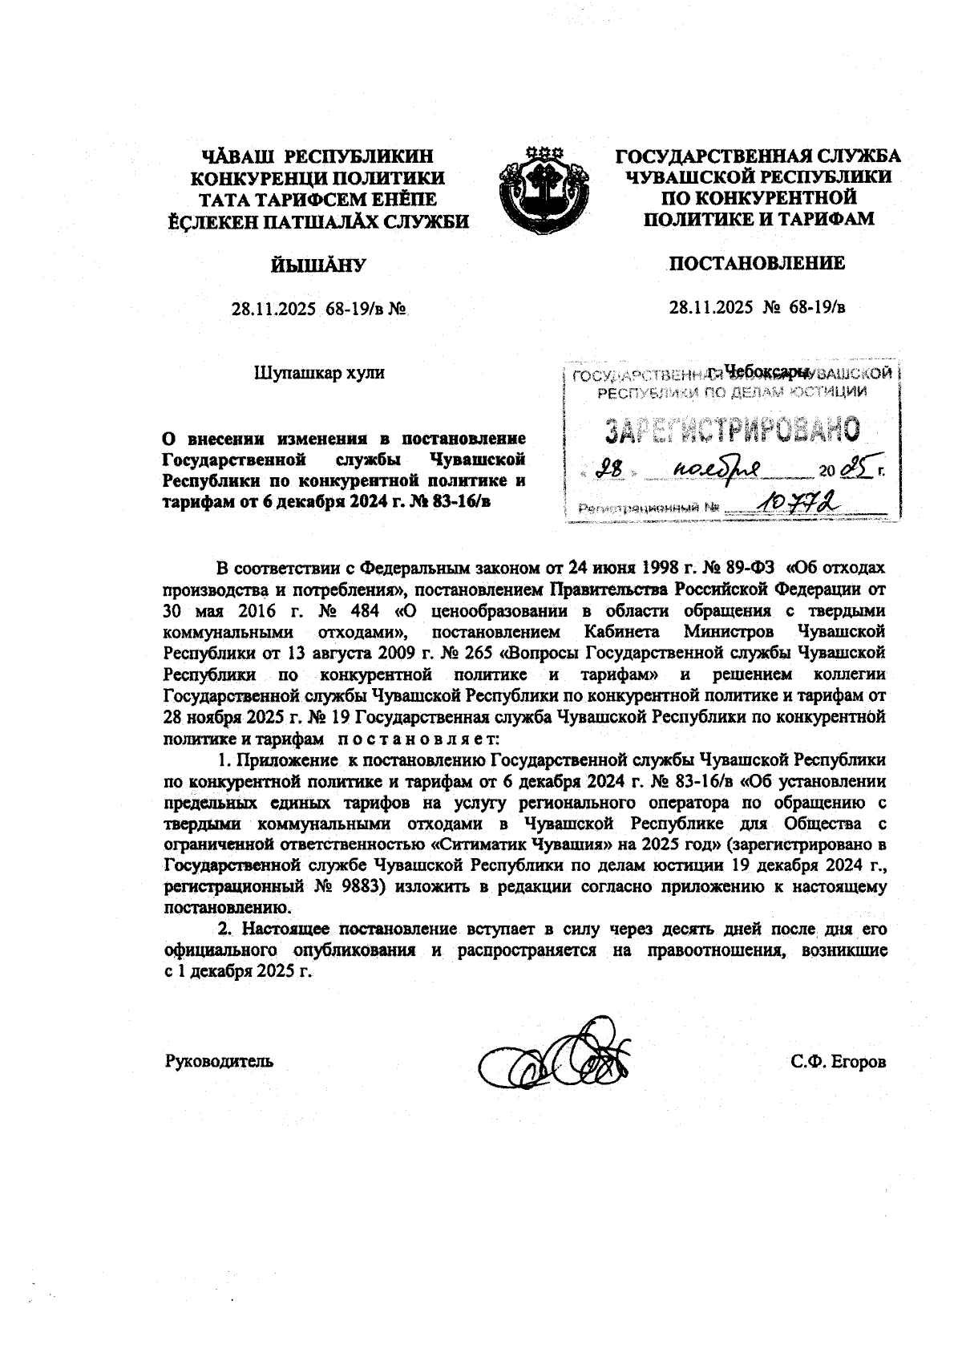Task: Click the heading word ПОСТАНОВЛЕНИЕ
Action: [x=757, y=263]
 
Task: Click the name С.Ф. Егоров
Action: [x=838, y=1062]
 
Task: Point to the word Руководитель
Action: [x=219, y=1061]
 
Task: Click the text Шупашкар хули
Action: [x=319, y=372]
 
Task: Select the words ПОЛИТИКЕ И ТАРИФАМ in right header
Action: [x=758, y=218]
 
